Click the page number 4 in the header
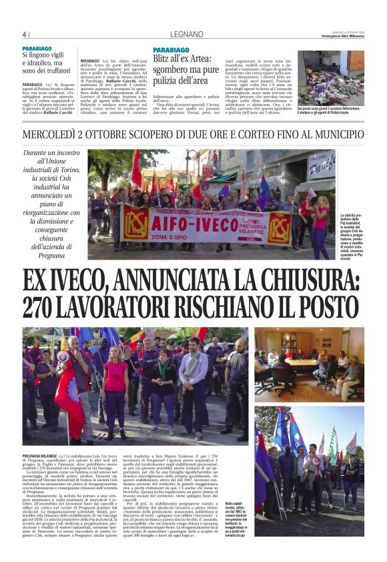coord(23,35)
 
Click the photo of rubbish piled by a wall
coord(331,77)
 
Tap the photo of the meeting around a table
coord(309,363)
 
